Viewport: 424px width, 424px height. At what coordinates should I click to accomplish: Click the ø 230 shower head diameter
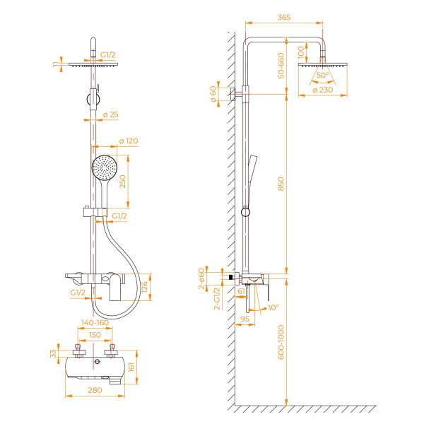[324, 90]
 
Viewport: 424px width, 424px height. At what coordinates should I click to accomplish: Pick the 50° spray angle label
[324, 75]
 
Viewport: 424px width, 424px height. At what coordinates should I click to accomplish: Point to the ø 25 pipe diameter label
[110, 114]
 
